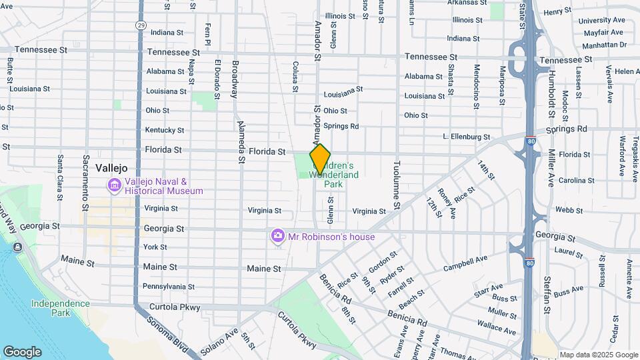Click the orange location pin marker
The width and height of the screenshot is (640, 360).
[x=320, y=159]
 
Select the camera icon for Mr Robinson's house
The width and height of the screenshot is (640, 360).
[x=278, y=237]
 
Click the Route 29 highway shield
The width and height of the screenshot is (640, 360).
[x=140, y=25]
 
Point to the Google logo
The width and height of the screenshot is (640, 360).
[x=22, y=352]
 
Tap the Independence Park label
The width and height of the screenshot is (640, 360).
[x=60, y=308]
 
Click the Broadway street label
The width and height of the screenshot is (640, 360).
[x=235, y=79]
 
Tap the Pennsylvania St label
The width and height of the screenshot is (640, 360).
[x=168, y=287]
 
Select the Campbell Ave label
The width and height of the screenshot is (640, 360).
[x=465, y=262]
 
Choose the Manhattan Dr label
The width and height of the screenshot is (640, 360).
[x=605, y=45]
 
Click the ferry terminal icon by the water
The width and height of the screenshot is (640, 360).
[x=17, y=247]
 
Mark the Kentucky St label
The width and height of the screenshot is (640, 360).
[x=164, y=130]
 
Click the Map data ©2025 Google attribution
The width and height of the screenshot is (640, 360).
[x=598, y=355]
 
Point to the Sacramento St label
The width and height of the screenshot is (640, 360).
[x=85, y=177]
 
